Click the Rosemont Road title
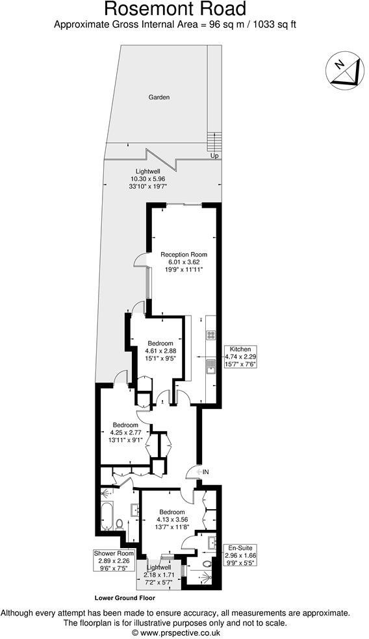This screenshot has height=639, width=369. coord(175,10)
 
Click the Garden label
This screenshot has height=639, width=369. coord(159,97)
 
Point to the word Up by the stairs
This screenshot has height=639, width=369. coord(214,157)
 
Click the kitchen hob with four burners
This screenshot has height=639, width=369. coord(210,335)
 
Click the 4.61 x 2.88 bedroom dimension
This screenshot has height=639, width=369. coord(160,351)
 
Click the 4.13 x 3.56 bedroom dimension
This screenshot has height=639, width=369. coord(172,519)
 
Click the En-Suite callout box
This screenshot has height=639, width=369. coord(240,555)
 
